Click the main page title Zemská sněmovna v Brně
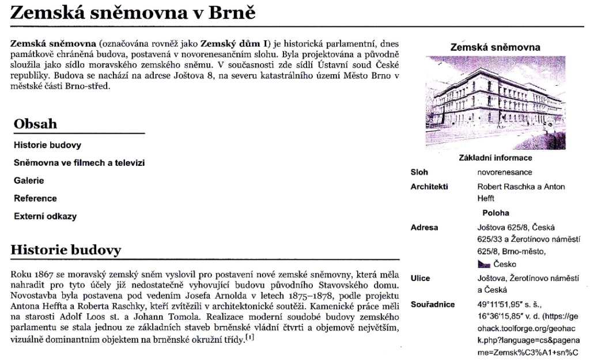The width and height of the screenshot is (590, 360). [x=133, y=13]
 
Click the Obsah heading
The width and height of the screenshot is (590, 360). [x=35, y=124]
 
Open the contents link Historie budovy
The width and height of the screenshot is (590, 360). [x=47, y=145]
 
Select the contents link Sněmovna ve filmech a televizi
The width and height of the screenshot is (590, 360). [x=79, y=163]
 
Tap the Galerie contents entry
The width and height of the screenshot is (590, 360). [x=29, y=181]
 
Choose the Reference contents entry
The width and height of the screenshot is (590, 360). [x=35, y=199]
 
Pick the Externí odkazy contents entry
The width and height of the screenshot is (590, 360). [x=45, y=217]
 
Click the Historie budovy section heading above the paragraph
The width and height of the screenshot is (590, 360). [x=66, y=250]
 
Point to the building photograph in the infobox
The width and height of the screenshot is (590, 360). [x=495, y=102]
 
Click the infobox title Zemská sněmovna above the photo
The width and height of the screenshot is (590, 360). [x=495, y=47]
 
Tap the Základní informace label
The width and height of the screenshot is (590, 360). [x=495, y=158]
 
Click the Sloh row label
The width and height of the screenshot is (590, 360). [x=419, y=172]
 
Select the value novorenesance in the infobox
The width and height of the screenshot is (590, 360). [x=505, y=172]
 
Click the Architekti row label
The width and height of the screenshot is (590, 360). [x=429, y=187]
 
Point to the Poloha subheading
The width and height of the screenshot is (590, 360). [x=496, y=213]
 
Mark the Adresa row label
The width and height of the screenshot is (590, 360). [x=424, y=228]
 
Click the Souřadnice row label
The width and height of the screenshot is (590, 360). [x=432, y=304]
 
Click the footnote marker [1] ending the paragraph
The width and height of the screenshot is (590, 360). [x=249, y=338]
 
